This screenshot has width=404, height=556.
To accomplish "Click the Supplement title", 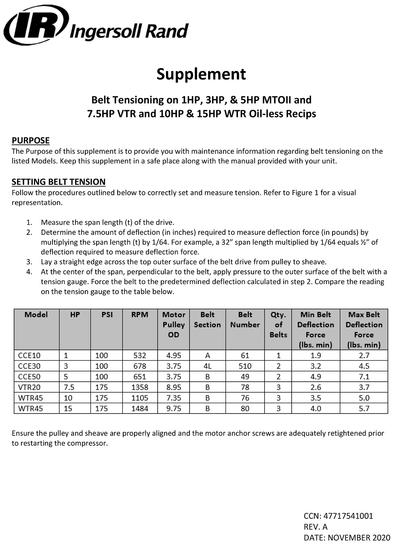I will (201, 74).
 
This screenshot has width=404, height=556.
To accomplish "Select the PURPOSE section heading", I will (31, 140).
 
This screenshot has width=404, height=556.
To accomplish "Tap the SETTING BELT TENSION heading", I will (59, 182).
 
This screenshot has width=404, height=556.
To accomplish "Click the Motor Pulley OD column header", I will (173, 324).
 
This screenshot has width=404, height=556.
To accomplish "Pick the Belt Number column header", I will (245, 320).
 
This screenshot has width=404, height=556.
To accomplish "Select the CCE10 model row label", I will (29, 355).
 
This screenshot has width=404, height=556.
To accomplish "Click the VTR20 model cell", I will (29, 387).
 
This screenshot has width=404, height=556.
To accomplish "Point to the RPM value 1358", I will (140, 387).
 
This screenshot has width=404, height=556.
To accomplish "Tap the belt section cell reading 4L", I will (207, 366).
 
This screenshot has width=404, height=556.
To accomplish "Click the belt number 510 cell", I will (245, 366).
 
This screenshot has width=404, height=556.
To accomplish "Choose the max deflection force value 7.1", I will (364, 377).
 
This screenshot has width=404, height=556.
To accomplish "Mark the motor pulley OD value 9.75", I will (174, 409).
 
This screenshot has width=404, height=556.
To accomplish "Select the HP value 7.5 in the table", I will (69, 387).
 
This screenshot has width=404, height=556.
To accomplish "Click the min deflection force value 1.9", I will (316, 355).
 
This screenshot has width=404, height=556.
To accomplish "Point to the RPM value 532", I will (140, 355).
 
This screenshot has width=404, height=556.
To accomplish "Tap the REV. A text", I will (316, 527).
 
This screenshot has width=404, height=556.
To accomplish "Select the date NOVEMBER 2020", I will (359, 538).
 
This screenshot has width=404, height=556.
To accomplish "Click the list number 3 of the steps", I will (29, 262).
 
